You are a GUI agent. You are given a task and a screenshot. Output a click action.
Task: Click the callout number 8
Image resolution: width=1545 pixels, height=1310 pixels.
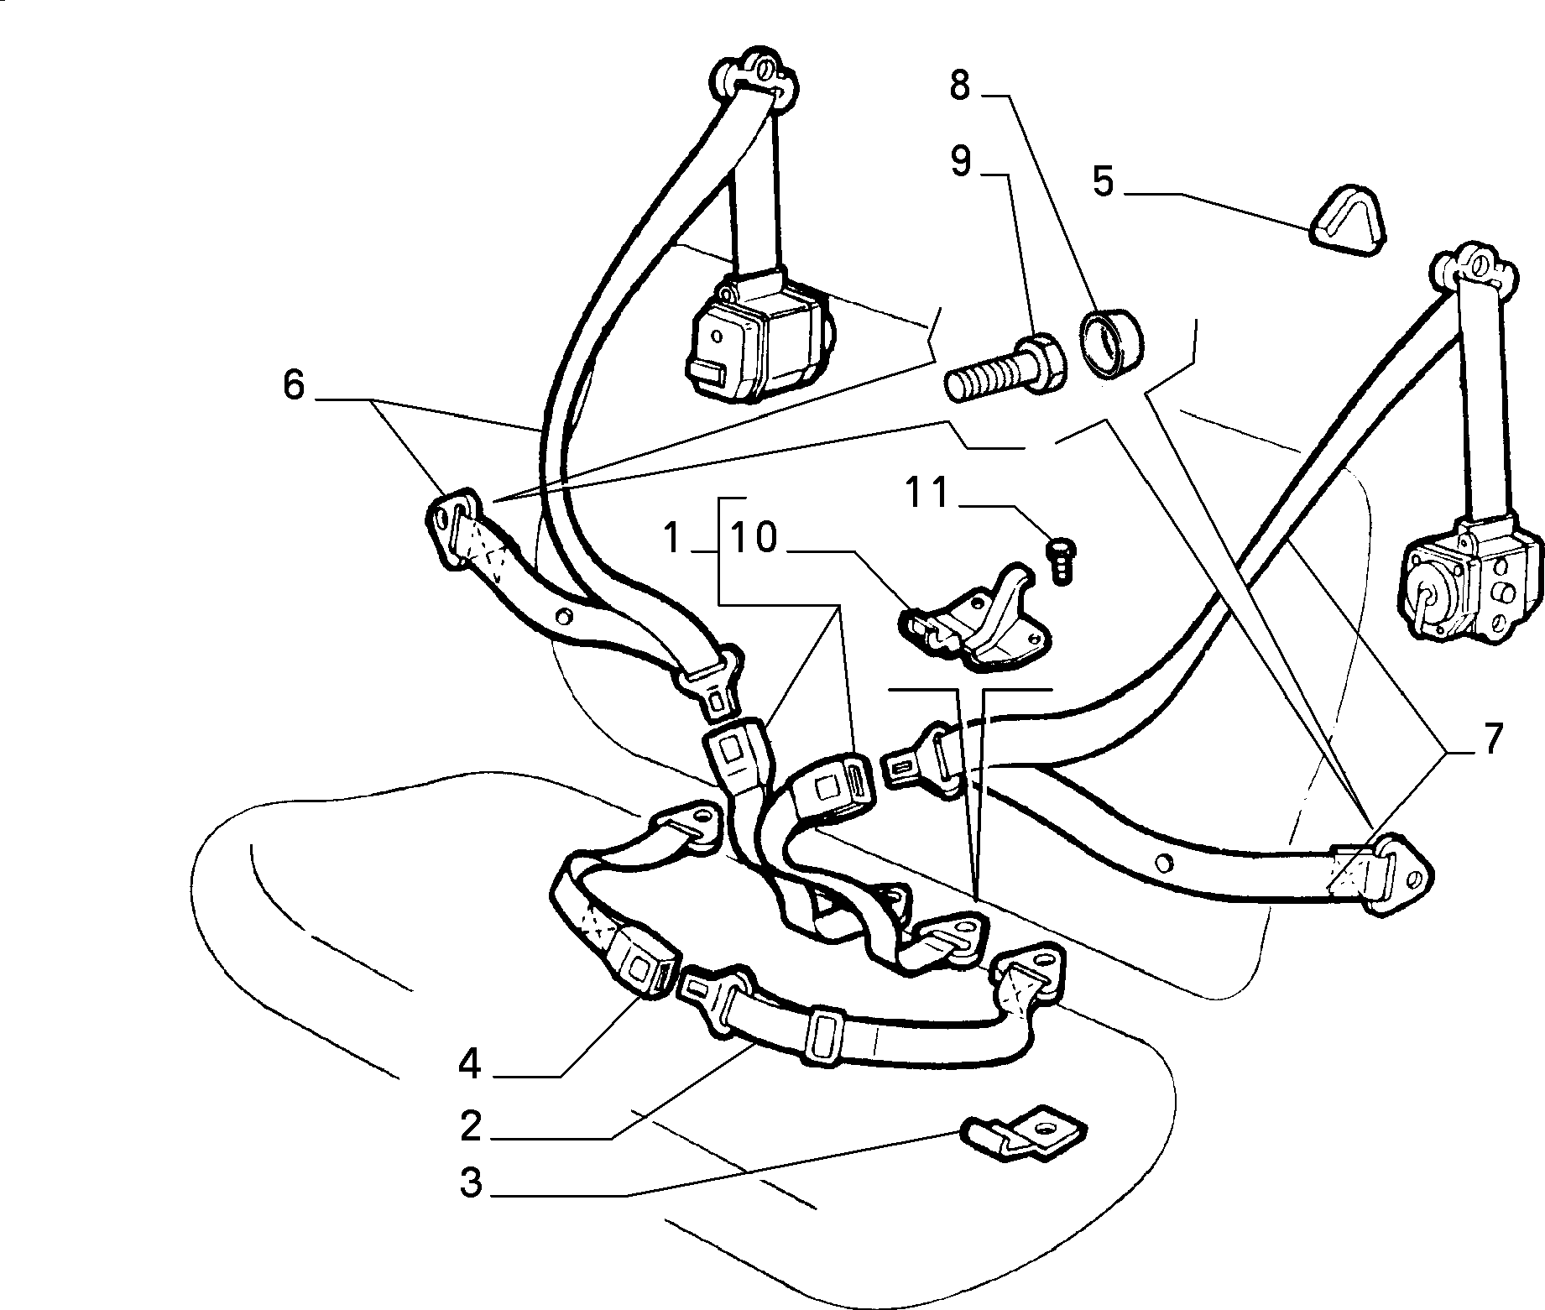pyautogui.click(x=961, y=86)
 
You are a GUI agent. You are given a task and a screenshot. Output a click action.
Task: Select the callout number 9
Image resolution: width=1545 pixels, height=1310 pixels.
pyautogui.click(x=961, y=161)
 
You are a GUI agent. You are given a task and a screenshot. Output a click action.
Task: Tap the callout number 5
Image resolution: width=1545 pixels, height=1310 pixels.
pyautogui.click(x=1103, y=181)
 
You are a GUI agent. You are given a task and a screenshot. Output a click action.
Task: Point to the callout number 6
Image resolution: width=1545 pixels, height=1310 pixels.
pyautogui.click(x=293, y=385)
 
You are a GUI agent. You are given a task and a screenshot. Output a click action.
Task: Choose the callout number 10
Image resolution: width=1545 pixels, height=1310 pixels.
pyautogui.click(x=754, y=538)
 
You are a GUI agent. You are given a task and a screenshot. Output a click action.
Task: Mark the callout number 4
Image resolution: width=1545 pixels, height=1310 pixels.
pyautogui.click(x=470, y=1064)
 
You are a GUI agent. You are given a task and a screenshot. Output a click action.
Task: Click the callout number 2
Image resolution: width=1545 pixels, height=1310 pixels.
pyautogui.click(x=471, y=1127)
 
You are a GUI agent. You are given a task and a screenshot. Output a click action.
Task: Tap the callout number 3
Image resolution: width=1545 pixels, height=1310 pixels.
pyautogui.click(x=471, y=1183)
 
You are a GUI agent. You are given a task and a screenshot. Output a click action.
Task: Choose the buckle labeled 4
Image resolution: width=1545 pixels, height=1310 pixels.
pyautogui.click(x=641, y=963)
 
